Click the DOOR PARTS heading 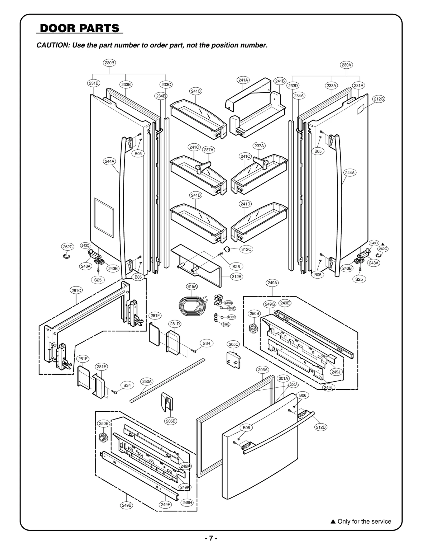point(79,28)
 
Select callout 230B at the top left point(109,63)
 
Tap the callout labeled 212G point(378,99)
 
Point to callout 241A point(243,80)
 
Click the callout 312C point(246,249)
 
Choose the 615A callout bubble point(192,286)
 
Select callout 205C point(233,344)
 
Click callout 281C point(76,290)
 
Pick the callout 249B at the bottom point(127,505)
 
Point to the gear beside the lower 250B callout point(102,438)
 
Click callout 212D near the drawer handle point(321,427)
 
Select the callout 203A point(263,370)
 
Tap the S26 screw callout point(236,266)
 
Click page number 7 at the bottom point(211,538)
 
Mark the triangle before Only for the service point(333,521)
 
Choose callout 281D point(175,324)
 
